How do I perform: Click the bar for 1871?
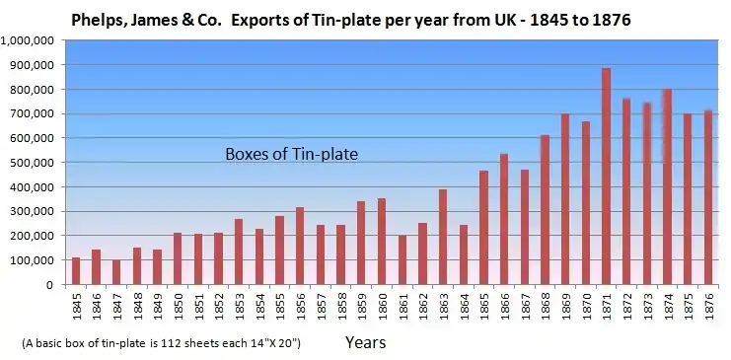[606, 177]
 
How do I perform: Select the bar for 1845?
[76, 271]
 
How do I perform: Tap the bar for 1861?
[402, 259]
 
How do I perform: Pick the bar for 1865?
[484, 228]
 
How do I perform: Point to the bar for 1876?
[708, 197]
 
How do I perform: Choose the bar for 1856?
[300, 246]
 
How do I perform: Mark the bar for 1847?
[116, 272]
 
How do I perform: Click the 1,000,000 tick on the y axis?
[31, 40]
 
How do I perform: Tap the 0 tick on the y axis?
[49, 285]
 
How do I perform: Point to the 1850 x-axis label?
[179, 307]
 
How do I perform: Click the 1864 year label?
[465, 307]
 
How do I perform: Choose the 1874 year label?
[669, 307]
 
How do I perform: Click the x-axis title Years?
[365, 343]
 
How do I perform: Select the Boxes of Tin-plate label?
[291, 154]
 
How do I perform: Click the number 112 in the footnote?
[169, 343]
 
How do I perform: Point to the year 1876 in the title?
[612, 20]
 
